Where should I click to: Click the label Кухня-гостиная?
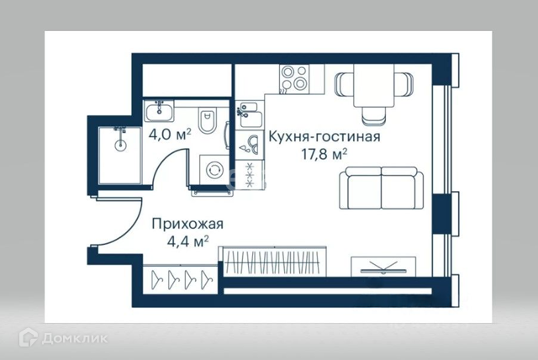(x=324, y=137)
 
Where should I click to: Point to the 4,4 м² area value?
(x=187, y=241)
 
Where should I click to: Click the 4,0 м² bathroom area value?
(x=170, y=133)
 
